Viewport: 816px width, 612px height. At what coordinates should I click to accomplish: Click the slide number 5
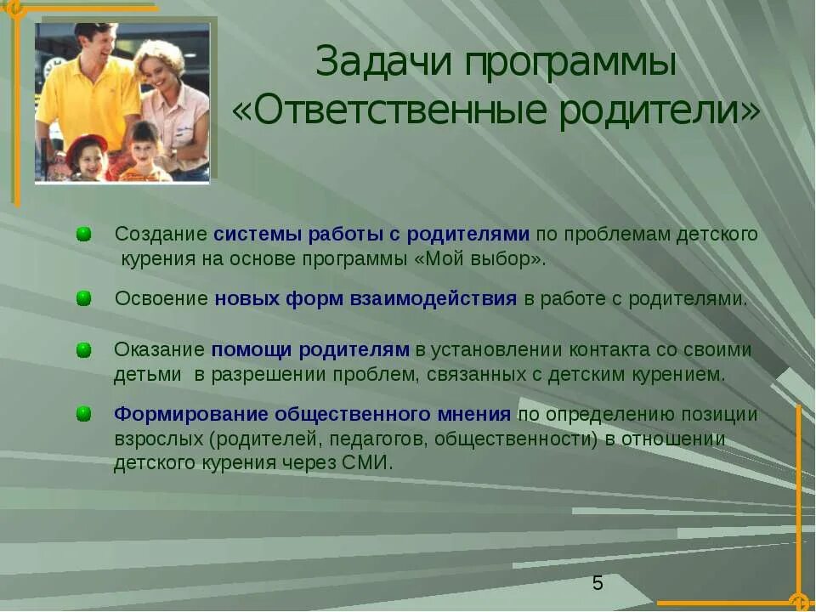pos(598,583)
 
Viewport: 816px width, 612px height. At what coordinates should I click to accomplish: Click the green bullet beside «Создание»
pos(83,234)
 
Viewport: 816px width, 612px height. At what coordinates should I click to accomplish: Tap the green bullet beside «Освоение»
pos(83,298)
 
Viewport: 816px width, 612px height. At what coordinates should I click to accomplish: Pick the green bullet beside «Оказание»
pos(83,349)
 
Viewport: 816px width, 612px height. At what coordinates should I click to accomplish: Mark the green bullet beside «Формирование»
pos(83,414)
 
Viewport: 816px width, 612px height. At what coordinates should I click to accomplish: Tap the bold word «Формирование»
pos(191,414)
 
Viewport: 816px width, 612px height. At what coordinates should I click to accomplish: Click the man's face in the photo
pos(95,42)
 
